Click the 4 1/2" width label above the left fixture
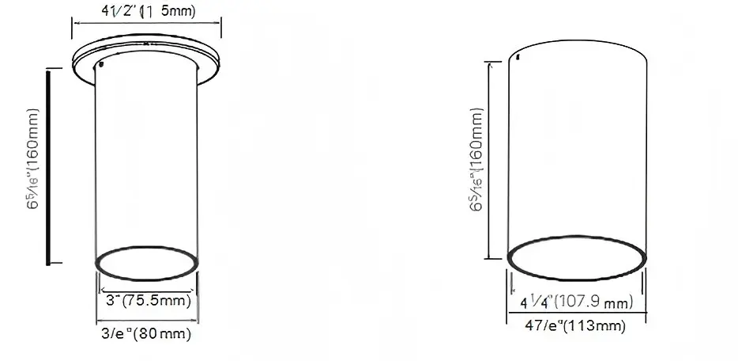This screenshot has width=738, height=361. click(x=148, y=10)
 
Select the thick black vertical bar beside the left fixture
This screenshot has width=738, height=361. click(x=49, y=166)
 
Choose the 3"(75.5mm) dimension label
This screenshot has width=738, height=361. click(x=148, y=301)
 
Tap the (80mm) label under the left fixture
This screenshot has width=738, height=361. click(x=163, y=334)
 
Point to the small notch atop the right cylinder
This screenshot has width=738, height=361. click(x=517, y=56)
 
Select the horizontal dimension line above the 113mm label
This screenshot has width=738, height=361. click(x=578, y=313)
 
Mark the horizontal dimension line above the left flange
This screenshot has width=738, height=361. click(x=148, y=25)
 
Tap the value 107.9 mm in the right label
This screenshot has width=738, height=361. click(x=596, y=302)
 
